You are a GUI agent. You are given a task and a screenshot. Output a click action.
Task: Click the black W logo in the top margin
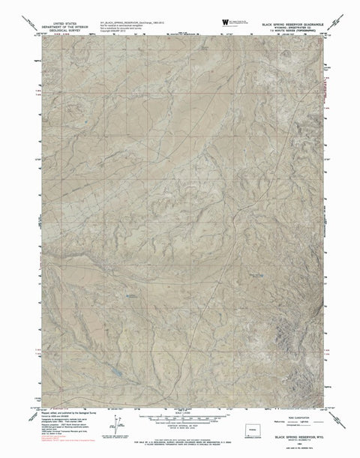click(225, 23)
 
